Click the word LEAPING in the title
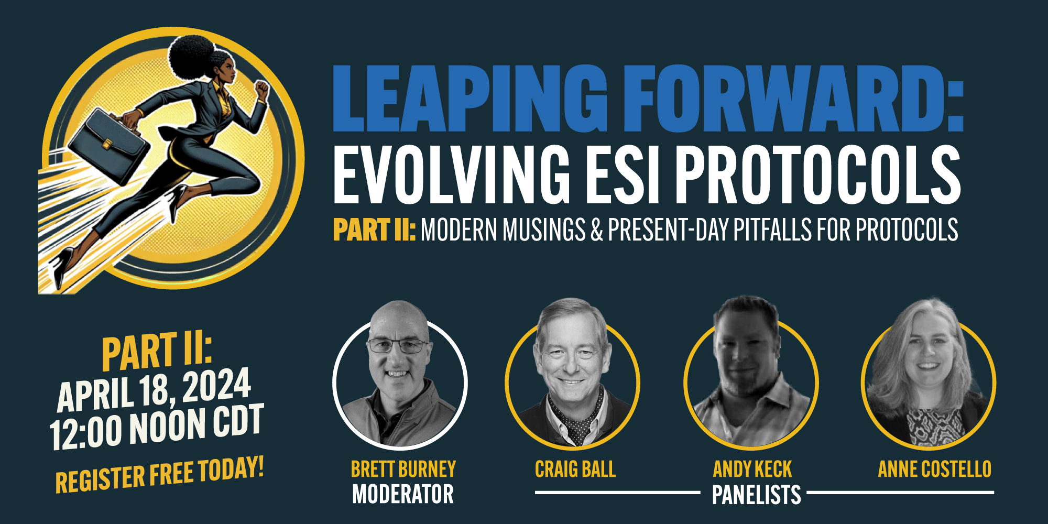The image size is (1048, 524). pos(470,98)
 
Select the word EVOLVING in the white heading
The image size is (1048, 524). pos(452,174)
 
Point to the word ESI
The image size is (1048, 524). pos(623,174)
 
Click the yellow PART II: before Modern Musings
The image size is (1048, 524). pos(375,230)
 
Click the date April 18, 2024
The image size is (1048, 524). pos(154,389)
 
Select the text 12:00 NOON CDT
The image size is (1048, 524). pos(156,427)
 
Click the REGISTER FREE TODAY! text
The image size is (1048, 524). pos(159,474)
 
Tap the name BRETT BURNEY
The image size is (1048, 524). pos(403,469)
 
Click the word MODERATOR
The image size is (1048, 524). pos(403,494)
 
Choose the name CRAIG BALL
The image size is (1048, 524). pos(575,469)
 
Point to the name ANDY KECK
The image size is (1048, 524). pos(752,469)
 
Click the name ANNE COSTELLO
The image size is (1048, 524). pos(935,469)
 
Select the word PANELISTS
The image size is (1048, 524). pos(757,495)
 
